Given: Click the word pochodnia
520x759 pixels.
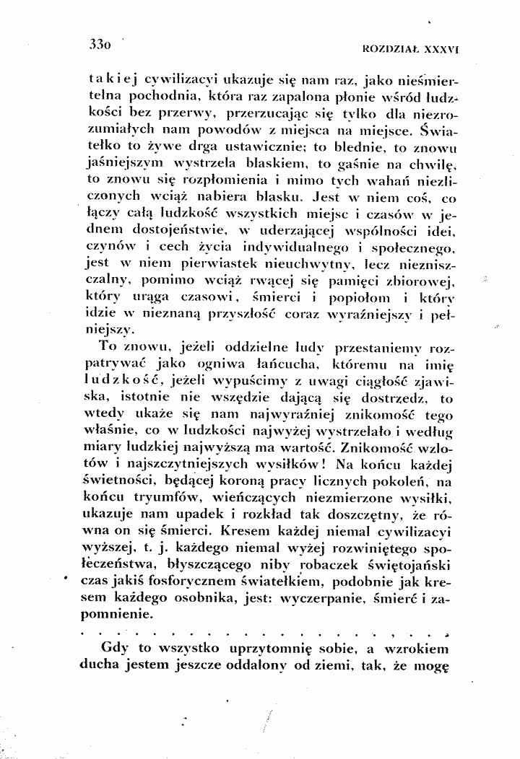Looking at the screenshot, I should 153,98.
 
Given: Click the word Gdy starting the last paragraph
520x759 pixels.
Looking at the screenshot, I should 118,648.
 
